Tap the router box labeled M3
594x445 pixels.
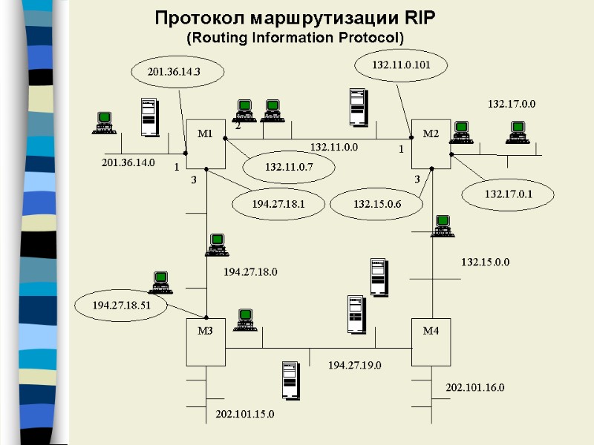206,341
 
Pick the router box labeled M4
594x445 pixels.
431,341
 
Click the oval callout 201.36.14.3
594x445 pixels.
175,71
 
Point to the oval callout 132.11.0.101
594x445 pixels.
401,65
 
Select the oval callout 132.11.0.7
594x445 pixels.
290,168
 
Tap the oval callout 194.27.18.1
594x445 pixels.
278,202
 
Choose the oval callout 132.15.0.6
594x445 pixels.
376,203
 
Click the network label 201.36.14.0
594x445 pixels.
128,162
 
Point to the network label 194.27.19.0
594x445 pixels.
355,364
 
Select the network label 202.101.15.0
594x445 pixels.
244,413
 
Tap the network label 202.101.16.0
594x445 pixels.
474,387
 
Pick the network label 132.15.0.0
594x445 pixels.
485,262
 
